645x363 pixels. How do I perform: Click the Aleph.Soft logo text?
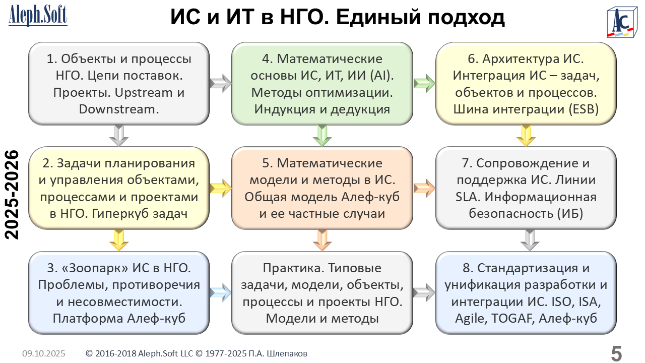pos(38,16)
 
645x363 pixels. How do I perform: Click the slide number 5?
pos(616,353)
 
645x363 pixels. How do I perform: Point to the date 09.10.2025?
pos(44,353)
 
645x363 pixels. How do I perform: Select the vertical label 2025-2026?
pos(11,195)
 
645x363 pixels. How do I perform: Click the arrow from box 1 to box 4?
pos(220,83)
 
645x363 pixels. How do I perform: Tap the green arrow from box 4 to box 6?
pos(424,83)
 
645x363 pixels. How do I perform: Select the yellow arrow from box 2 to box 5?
pos(220,188)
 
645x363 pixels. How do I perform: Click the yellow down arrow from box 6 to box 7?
pos(526,135)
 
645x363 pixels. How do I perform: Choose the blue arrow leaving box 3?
pos(220,292)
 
